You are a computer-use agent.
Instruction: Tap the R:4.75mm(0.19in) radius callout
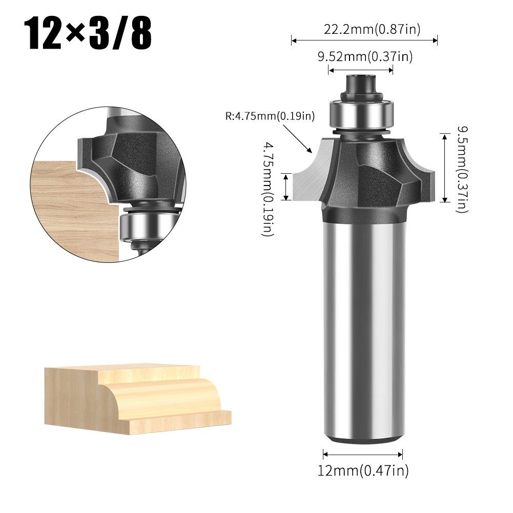pos(270,116)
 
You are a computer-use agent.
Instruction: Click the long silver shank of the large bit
pos(362,328)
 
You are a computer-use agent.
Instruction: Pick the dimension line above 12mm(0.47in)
pos(363,454)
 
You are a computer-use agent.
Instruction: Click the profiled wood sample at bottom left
pos(138,397)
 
